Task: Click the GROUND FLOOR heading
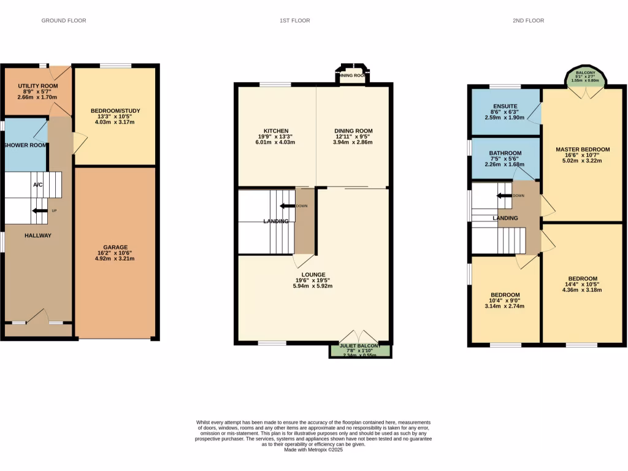(64, 20)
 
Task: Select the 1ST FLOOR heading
(295, 20)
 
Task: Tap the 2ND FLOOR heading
(528, 20)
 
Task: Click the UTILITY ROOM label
(37, 86)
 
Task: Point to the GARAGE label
(115, 247)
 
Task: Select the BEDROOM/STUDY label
(115, 111)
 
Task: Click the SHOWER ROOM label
(25, 145)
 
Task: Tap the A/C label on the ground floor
(37, 185)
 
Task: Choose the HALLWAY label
(38, 235)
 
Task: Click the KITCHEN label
(275, 131)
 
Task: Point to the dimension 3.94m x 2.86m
(353, 142)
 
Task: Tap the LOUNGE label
(313, 275)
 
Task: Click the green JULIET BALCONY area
(361, 350)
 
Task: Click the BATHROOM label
(505, 153)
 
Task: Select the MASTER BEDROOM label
(583, 150)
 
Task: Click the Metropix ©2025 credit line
(313, 450)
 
